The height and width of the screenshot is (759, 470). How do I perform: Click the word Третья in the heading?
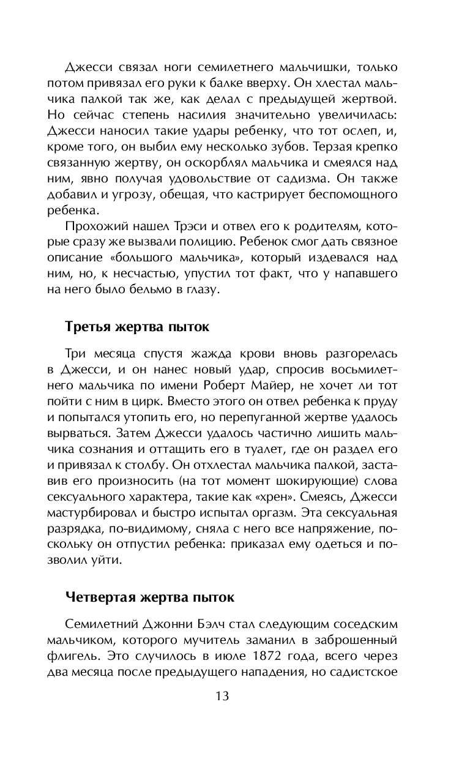(x=85, y=327)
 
